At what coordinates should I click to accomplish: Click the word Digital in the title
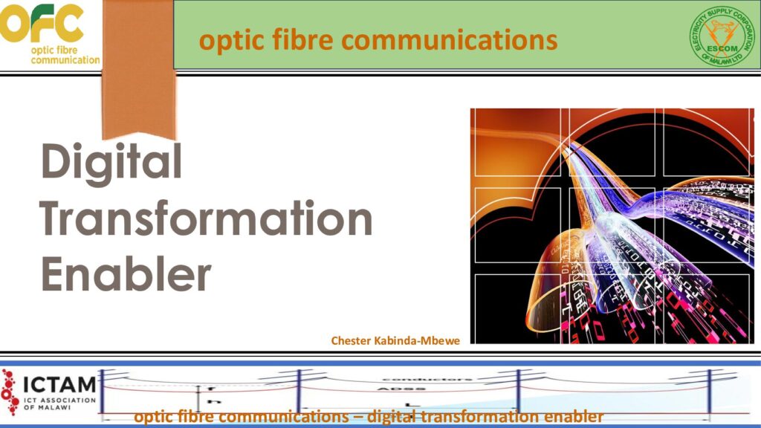point(111,161)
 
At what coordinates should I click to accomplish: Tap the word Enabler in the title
point(126,273)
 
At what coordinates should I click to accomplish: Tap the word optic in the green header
point(227,40)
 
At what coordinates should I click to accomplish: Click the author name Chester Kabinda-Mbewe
point(395,340)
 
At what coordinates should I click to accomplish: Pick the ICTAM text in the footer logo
point(59,385)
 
